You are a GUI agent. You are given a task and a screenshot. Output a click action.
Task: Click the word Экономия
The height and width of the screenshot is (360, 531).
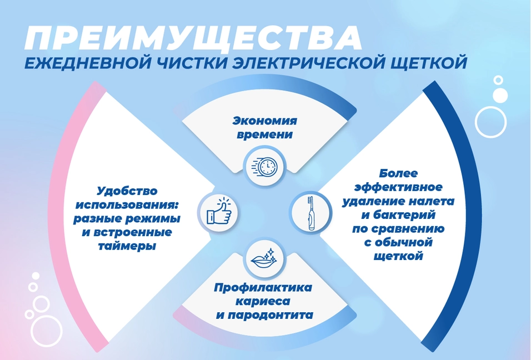(265, 121)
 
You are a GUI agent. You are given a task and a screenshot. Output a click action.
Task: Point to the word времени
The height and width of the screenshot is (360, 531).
(265, 134)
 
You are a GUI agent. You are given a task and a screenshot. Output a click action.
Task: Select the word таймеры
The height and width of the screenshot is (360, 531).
(127, 246)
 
